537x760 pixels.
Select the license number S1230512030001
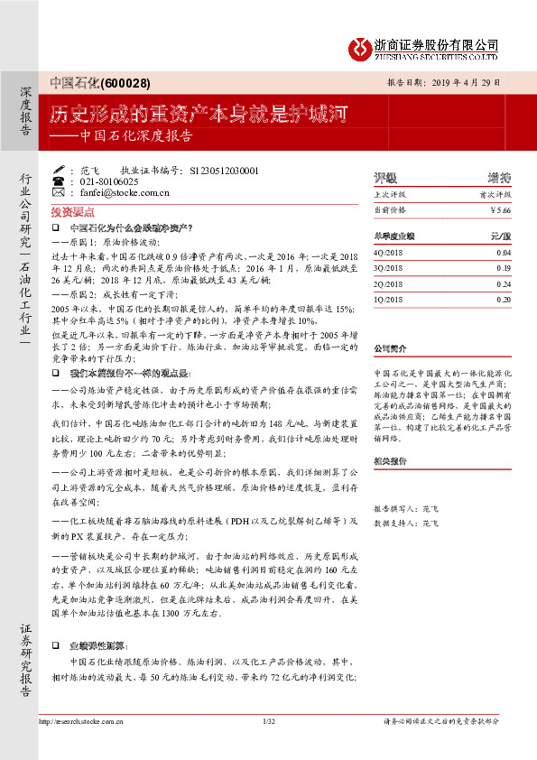click(x=220, y=170)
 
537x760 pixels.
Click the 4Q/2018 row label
click(x=389, y=253)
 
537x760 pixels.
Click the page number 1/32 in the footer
click(x=267, y=721)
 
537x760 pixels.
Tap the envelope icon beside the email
click(x=59, y=192)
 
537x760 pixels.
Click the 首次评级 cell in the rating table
click(x=495, y=193)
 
